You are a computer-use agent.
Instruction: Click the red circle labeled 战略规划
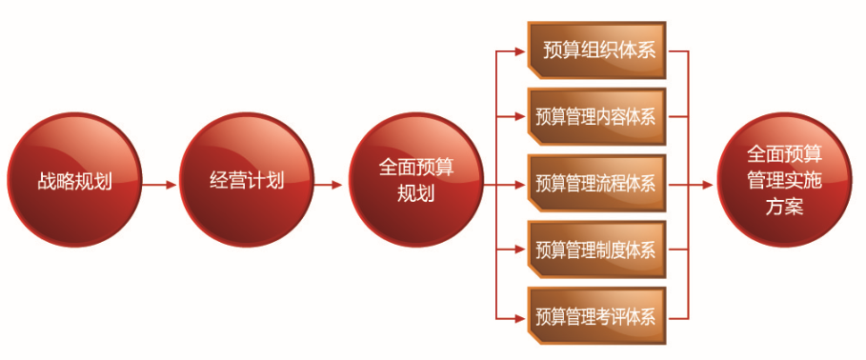74,180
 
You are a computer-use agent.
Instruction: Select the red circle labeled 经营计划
247,180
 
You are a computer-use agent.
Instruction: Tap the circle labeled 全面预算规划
416,180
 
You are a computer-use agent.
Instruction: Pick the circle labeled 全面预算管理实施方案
784,180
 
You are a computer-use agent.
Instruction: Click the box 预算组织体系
597,50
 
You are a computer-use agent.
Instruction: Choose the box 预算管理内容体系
597,116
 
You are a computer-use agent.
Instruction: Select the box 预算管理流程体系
597,183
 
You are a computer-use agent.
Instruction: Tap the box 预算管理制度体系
597,249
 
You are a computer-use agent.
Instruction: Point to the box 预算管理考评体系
597,315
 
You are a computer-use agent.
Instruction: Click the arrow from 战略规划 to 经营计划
160,185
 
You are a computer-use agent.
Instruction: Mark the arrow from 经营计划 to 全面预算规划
330,185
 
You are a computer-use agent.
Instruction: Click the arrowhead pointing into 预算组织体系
520,51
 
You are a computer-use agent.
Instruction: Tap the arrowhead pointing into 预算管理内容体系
520,116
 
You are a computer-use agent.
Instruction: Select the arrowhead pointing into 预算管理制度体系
520,249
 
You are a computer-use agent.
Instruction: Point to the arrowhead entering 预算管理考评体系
520,318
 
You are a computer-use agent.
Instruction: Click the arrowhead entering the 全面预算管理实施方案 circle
708,185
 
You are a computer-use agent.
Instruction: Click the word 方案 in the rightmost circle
784,206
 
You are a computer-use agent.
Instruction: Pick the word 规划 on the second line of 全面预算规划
416,193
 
